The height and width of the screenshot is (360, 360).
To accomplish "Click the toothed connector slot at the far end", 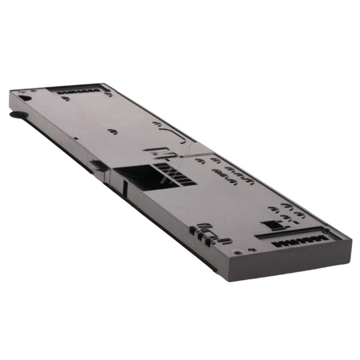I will [x=78, y=89].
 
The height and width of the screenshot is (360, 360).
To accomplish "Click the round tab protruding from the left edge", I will [x=15, y=115].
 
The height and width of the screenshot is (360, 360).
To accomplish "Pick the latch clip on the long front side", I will [x=98, y=164].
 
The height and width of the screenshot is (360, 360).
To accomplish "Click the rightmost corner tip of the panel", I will [x=351, y=238].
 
